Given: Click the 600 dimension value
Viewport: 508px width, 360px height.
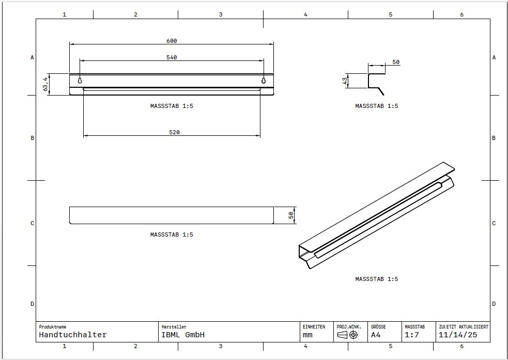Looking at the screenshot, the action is tap(172, 41).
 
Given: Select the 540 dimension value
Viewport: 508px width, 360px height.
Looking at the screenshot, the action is tap(172, 58).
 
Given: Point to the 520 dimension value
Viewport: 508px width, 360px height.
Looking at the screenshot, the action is tap(174, 132).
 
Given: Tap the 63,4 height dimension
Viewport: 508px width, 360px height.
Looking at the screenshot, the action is tap(45, 84).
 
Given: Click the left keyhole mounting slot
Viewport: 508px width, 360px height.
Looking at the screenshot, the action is tap(80, 81).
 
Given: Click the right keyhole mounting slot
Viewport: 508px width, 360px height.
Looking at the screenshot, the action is tap(264, 81).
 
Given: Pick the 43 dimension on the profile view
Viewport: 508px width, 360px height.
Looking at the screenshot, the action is tap(345, 81).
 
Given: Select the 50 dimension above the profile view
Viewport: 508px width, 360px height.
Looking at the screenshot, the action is tap(396, 62).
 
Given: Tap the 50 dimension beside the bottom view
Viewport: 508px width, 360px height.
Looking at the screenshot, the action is tap(291, 215).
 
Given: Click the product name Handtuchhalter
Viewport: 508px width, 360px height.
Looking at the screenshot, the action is tap(72, 335).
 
